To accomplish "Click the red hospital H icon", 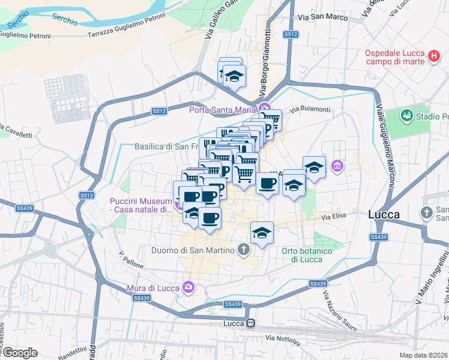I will click(434, 56).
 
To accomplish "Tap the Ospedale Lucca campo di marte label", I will click(395, 56).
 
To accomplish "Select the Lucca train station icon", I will click(250, 323).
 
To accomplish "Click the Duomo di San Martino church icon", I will click(243, 248).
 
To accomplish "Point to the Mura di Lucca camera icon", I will click(188, 287).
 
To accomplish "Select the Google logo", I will click(19, 353).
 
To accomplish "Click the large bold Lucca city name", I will click(384, 214).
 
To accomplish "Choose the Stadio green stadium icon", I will click(406, 115).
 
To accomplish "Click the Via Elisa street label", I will click(334, 216).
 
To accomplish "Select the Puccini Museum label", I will click(141, 205).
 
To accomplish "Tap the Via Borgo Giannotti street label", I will click(265, 60).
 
